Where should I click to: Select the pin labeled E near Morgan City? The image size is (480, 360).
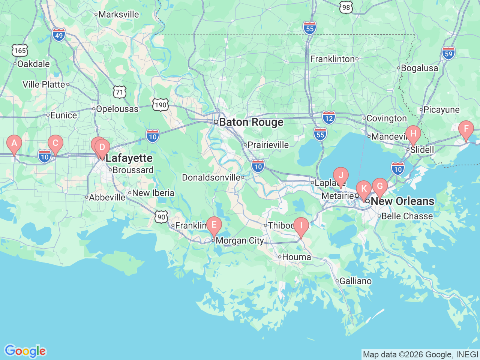214,225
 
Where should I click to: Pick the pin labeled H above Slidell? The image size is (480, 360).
413,134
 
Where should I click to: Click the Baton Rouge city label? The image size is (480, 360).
251,122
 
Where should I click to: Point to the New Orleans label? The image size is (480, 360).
402,201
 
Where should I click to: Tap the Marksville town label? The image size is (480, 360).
118,15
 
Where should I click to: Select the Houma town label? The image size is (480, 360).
296,257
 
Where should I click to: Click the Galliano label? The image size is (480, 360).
355,281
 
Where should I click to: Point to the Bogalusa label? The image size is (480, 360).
419,68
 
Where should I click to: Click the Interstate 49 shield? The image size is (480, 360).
59,36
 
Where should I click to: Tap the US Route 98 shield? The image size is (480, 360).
346,7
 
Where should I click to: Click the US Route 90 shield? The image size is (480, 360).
161,217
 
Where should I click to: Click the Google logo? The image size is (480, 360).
25,351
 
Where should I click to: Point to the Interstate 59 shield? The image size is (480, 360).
448,54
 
